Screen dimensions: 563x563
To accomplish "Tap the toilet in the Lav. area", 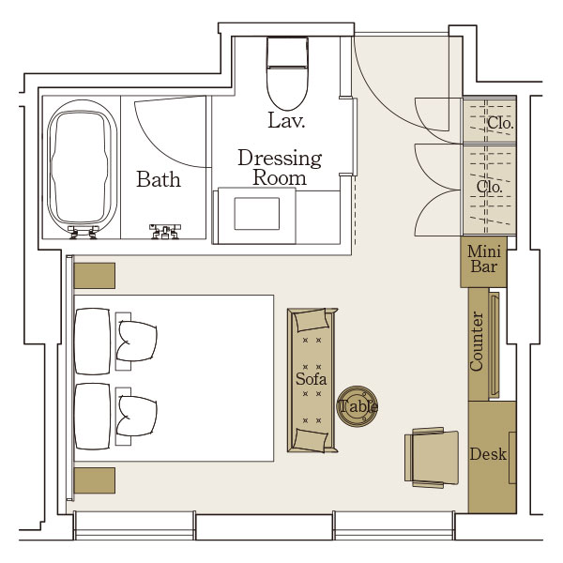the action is coord(287,73).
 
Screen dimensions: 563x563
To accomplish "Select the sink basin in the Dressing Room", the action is coord(257,213).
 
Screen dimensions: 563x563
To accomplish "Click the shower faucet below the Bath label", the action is coord(165,231).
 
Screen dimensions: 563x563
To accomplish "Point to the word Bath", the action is coord(159,179).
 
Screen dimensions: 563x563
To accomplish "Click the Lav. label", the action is coord(286,121).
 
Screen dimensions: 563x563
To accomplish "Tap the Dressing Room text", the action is coord(280,167).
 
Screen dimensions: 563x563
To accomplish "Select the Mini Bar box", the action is coord(483,262).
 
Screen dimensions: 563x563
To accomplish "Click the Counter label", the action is coord(477,342).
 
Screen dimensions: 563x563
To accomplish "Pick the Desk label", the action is coord(488,454).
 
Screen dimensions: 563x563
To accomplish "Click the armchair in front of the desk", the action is coord(432,458).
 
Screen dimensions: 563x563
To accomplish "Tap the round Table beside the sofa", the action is coord(358,406).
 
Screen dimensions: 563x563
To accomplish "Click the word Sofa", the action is coord(311,379).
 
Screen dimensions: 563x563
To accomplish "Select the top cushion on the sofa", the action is coord(311,320).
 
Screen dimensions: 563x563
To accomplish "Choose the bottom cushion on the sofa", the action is coord(311,440).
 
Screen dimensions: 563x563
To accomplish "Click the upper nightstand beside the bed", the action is coord(95,276).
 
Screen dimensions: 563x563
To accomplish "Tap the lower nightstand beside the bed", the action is coord(95,480).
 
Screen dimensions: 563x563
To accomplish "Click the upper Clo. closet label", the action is coord(500,123).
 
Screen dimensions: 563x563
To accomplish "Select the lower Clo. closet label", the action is coord(489,187).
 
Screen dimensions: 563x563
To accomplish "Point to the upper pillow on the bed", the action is coord(136,342).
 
